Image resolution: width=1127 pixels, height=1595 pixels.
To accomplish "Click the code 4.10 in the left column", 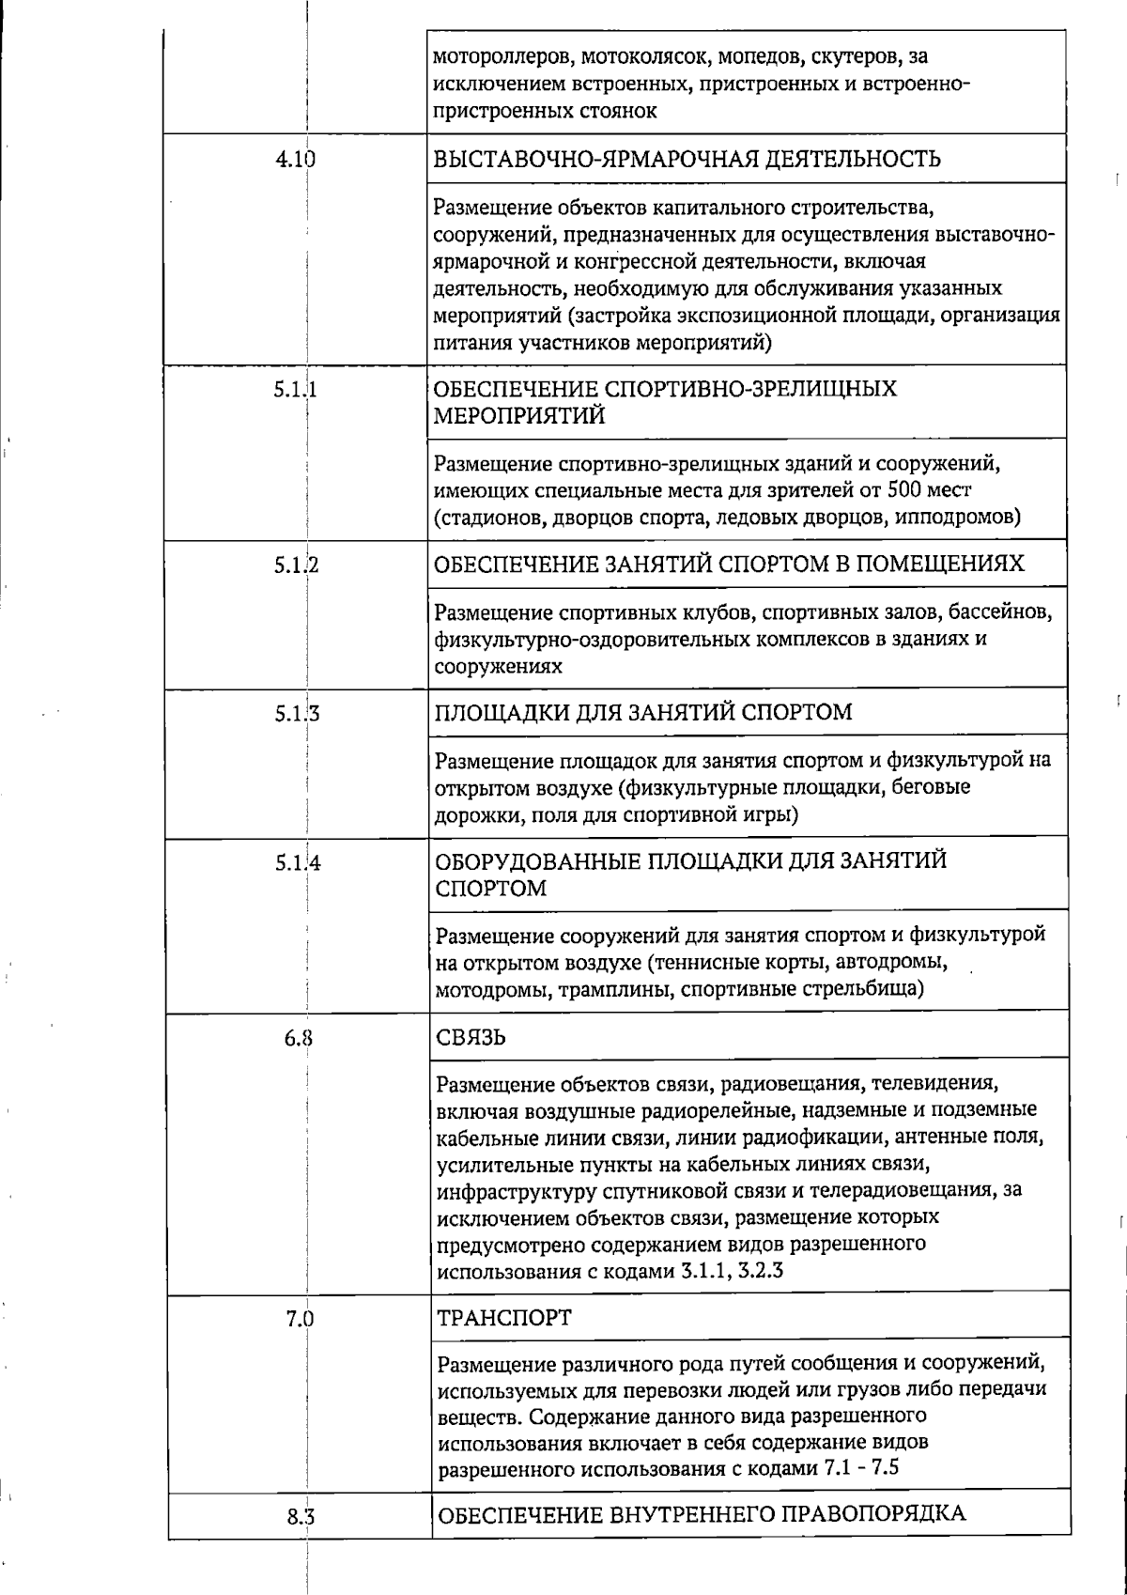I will coord(295,160).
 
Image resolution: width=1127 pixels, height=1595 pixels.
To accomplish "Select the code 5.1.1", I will coord(295,390).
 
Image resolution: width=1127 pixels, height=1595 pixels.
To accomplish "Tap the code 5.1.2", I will coord(296,565).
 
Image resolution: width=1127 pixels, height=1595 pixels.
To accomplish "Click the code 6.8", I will coord(299,1039).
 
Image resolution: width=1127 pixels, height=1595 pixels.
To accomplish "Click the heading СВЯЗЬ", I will coord(472,1038).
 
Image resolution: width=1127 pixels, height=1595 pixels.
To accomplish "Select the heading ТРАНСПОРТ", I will coord(504,1318).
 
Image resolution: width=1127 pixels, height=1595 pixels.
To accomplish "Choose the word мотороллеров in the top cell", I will coord(493,57).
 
